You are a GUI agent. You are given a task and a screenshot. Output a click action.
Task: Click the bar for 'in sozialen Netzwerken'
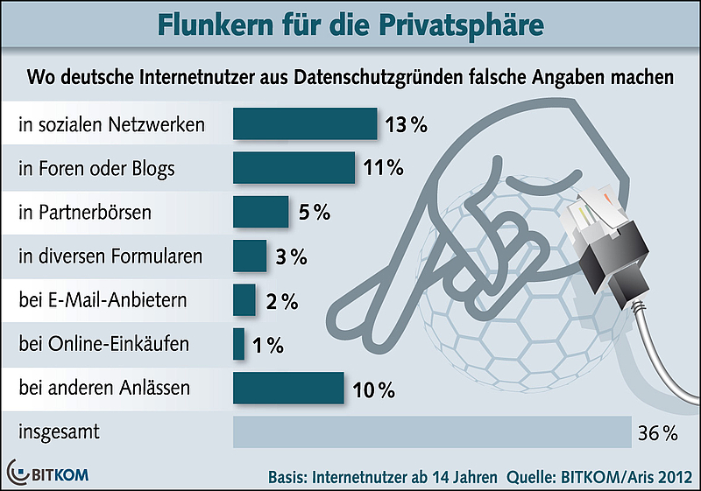[304, 123]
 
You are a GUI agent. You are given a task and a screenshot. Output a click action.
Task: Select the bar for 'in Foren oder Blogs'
[294, 167]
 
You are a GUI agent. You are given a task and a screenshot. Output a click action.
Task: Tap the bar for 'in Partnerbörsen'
[260, 212]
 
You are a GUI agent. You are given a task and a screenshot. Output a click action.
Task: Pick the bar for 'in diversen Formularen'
[250, 256]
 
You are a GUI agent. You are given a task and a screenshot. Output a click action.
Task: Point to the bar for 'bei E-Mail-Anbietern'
[244, 299]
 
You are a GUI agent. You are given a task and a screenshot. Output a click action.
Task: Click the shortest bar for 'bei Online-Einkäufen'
[238, 343]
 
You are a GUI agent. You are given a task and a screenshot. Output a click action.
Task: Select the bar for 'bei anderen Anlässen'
[287, 388]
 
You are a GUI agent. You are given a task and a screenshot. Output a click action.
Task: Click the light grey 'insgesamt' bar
[431, 431]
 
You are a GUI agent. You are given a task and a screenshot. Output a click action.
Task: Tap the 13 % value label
[405, 125]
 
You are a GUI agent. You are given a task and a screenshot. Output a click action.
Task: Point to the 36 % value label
[658, 432]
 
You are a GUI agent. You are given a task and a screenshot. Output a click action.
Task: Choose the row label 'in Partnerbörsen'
[85, 213]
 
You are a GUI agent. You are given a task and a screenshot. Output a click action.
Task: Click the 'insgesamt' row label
[58, 432]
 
